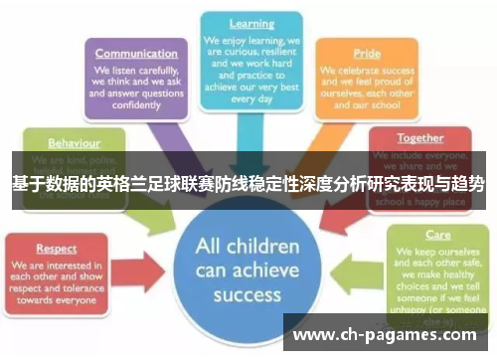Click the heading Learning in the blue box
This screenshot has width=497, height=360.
(251, 23)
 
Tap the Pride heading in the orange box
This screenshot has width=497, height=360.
(366, 54)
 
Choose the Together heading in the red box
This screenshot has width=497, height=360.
(420, 138)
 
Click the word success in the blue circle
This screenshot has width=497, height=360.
(248, 294)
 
